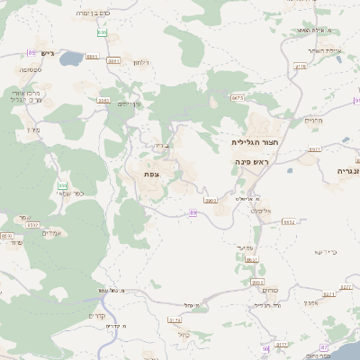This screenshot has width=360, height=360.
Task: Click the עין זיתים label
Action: point(131,103)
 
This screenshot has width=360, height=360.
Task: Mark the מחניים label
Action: point(312,120)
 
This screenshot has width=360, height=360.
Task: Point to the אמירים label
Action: point(50,233)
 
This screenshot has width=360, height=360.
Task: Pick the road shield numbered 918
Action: point(299,31)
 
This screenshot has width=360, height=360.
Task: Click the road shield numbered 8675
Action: point(238,97)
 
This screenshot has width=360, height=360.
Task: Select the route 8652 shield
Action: point(289,221)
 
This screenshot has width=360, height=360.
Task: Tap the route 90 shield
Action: point(265,347)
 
